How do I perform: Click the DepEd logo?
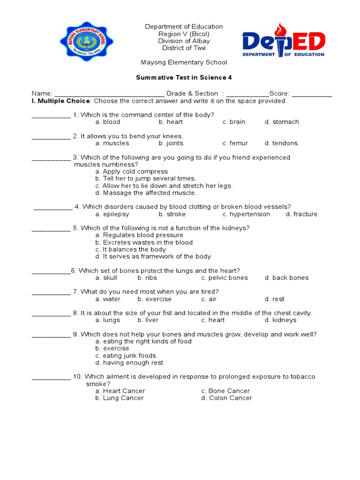pyautogui.click(x=283, y=41)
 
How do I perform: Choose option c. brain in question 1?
pyautogui.click(x=234, y=122)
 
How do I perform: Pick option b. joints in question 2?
pyautogui.click(x=171, y=143)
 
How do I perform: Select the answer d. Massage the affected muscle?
pyautogui.click(x=146, y=193)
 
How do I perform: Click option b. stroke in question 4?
pyautogui.click(x=172, y=214)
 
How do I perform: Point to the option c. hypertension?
pyautogui.click(x=246, y=214)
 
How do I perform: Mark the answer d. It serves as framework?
pyautogui.click(x=153, y=256)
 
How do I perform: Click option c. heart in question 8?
pyautogui.click(x=213, y=320)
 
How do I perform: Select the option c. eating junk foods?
pyautogui.click(x=126, y=356)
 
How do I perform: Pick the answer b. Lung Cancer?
pyautogui.click(x=120, y=398)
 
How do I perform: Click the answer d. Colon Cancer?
pyautogui.click(x=227, y=398)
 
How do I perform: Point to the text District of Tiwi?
pyautogui.click(x=184, y=48)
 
